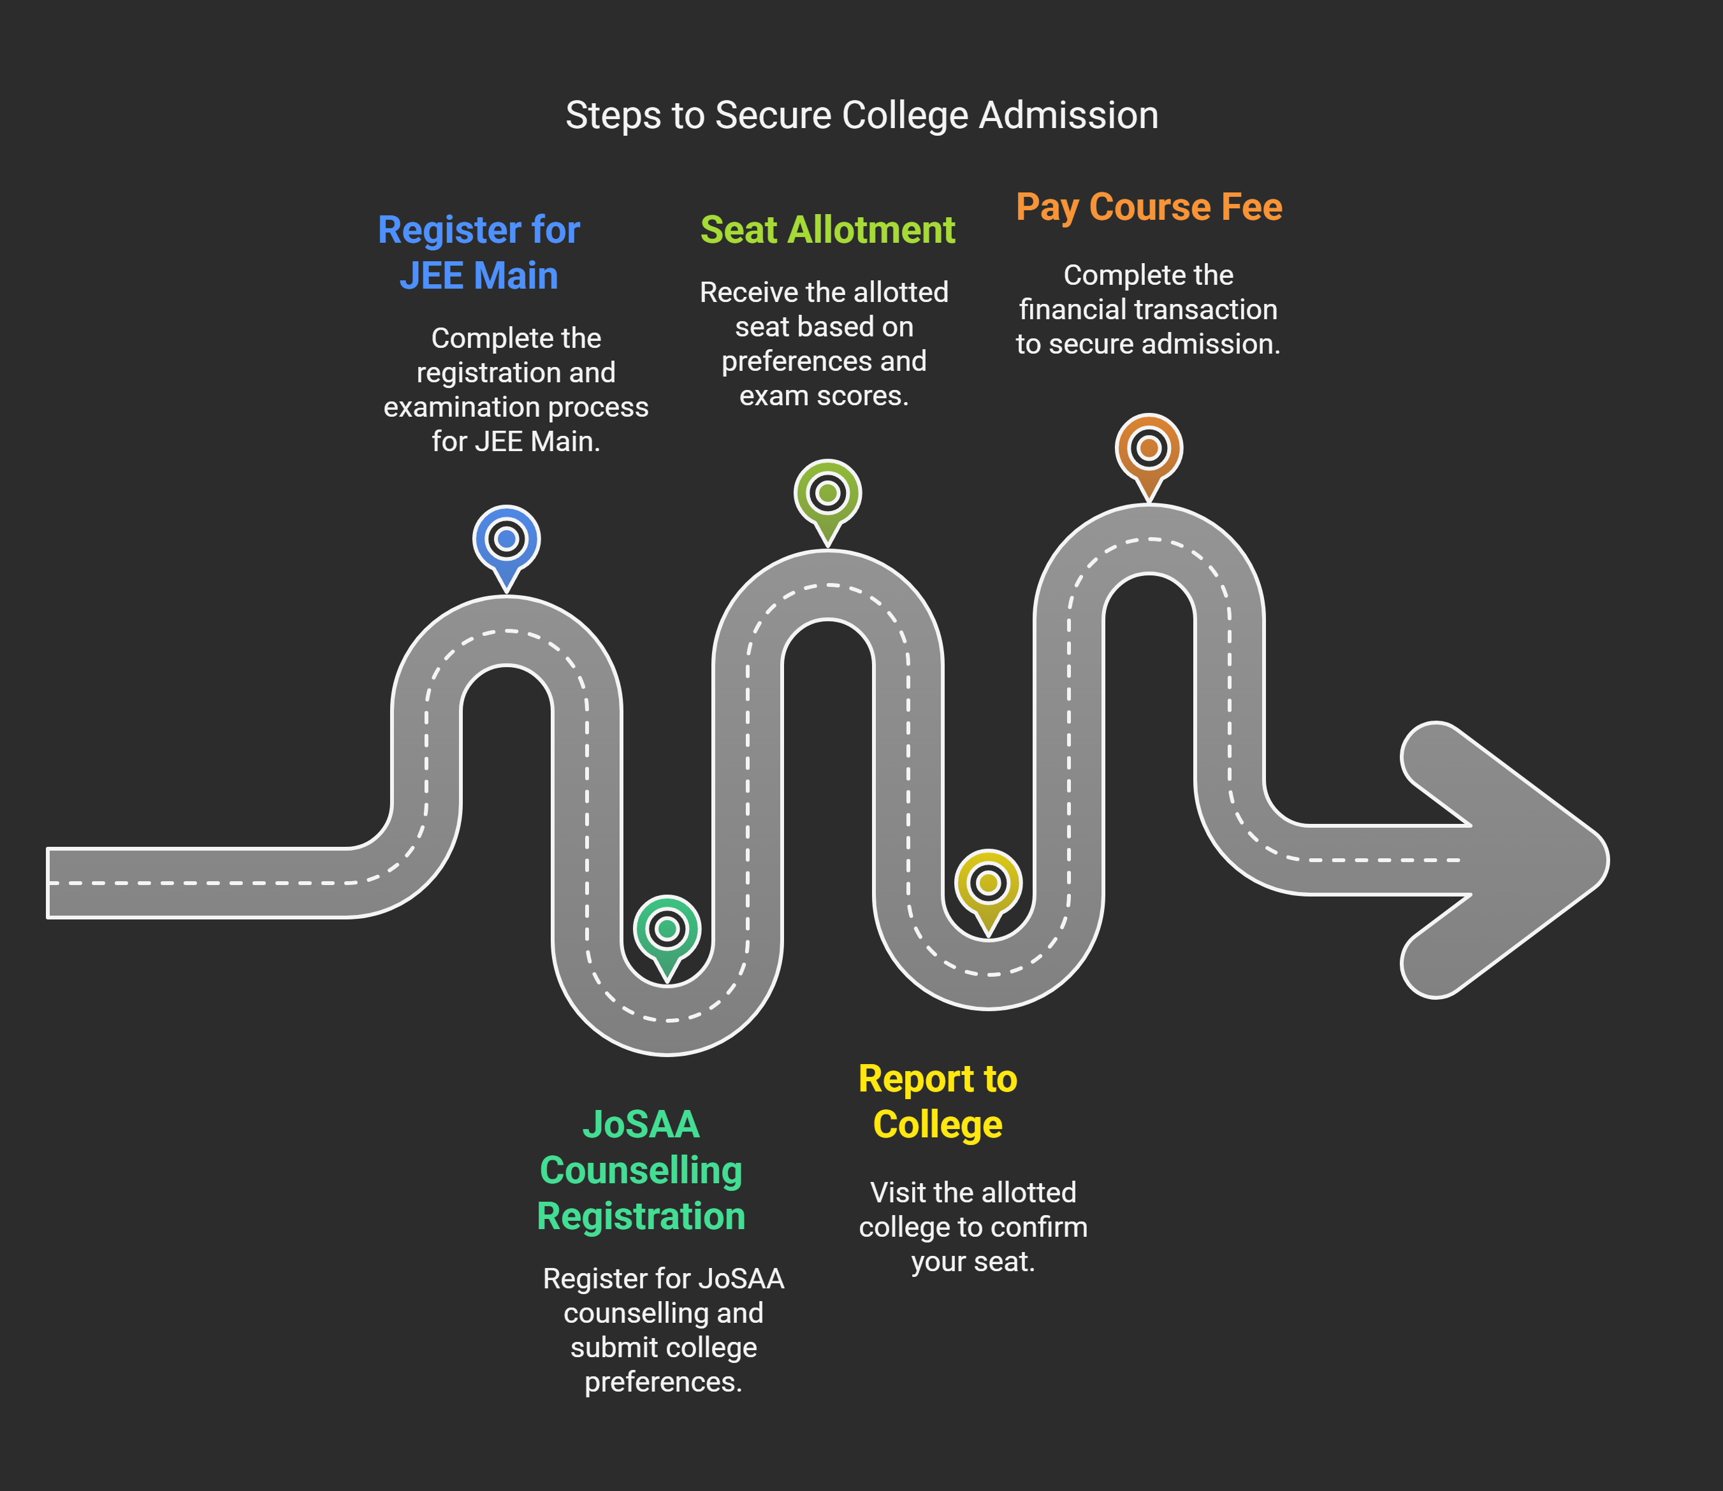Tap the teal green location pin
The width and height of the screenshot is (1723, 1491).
pos(667,930)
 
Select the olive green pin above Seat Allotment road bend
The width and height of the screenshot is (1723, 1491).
pos(827,494)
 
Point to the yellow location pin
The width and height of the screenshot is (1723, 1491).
pos(988,884)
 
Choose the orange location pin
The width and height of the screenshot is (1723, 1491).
pos(1149,449)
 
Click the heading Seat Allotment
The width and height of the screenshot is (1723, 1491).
pos(827,229)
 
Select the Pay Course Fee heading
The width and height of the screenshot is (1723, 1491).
pos(1149,207)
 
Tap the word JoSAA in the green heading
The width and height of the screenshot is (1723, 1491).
pos(641,1124)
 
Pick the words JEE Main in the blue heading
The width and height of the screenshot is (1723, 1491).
pos(479,275)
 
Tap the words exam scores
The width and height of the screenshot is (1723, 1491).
pos(824,396)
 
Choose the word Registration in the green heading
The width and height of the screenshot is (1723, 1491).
pos(641,1216)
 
